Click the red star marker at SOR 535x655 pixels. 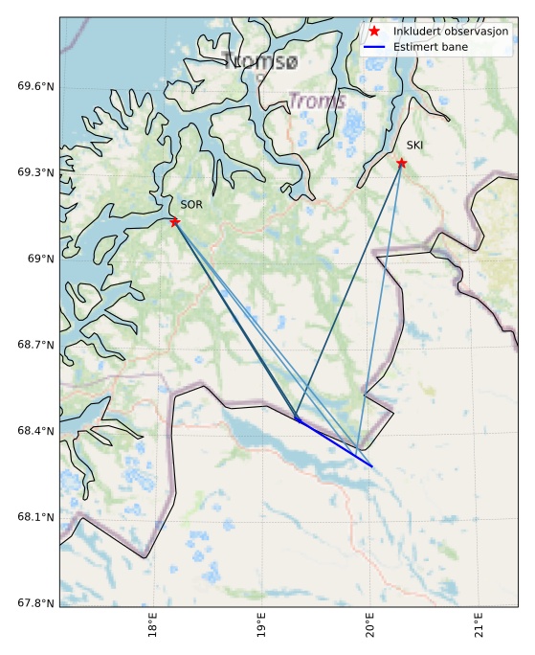pyautogui.click(x=174, y=221)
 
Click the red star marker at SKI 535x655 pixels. pyautogui.click(x=401, y=163)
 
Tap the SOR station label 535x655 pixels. pyautogui.click(x=191, y=205)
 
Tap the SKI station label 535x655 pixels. pyautogui.click(x=414, y=146)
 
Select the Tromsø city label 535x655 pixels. pyautogui.click(x=260, y=62)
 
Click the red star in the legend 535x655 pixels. pyautogui.click(x=374, y=32)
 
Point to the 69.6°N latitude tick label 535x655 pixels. pyautogui.click(x=36, y=86)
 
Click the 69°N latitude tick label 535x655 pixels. pyautogui.click(x=40, y=259)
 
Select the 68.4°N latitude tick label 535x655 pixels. pyautogui.click(x=36, y=431)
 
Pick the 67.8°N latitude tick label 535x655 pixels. pyautogui.click(x=36, y=603)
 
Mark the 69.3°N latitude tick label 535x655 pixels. pyautogui.click(x=36, y=172)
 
